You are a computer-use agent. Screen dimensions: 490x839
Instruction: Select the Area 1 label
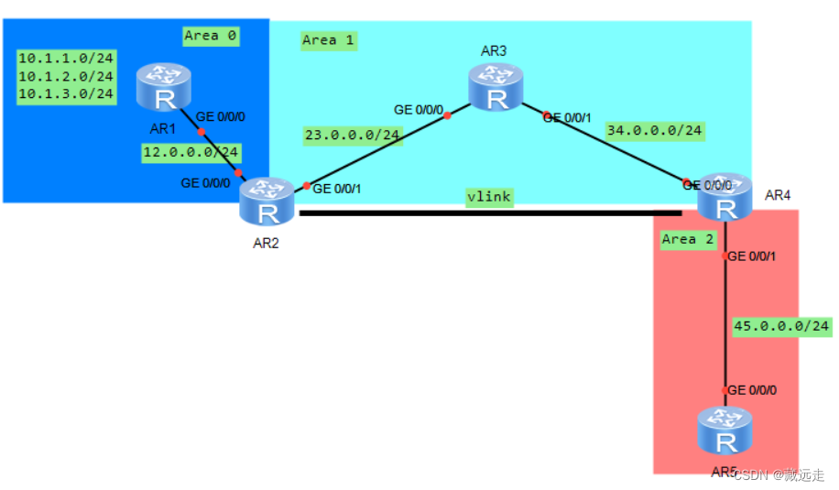pyautogui.click(x=328, y=40)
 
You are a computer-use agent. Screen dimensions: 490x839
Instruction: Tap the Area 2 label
pyautogui.click(x=687, y=239)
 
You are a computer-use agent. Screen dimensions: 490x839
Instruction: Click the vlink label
pyautogui.click(x=488, y=197)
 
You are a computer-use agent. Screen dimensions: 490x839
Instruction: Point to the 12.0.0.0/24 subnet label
pyautogui.click(x=191, y=152)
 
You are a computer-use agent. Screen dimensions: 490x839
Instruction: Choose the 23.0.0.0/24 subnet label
pyautogui.click(x=353, y=135)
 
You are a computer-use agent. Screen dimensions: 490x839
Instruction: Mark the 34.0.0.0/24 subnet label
pyautogui.click(x=654, y=131)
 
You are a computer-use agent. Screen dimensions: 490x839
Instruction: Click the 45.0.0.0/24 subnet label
pyautogui.click(x=782, y=326)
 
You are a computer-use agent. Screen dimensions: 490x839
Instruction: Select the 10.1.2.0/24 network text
pyautogui.click(x=66, y=76)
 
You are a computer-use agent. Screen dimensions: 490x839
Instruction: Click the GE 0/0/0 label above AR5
pyautogui.click(x=752, y=390)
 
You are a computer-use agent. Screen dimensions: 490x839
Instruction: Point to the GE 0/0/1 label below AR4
pyautogui.click(x=752, y=256)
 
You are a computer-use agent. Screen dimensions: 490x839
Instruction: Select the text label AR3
pyautogui.click(x=494, y=50)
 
